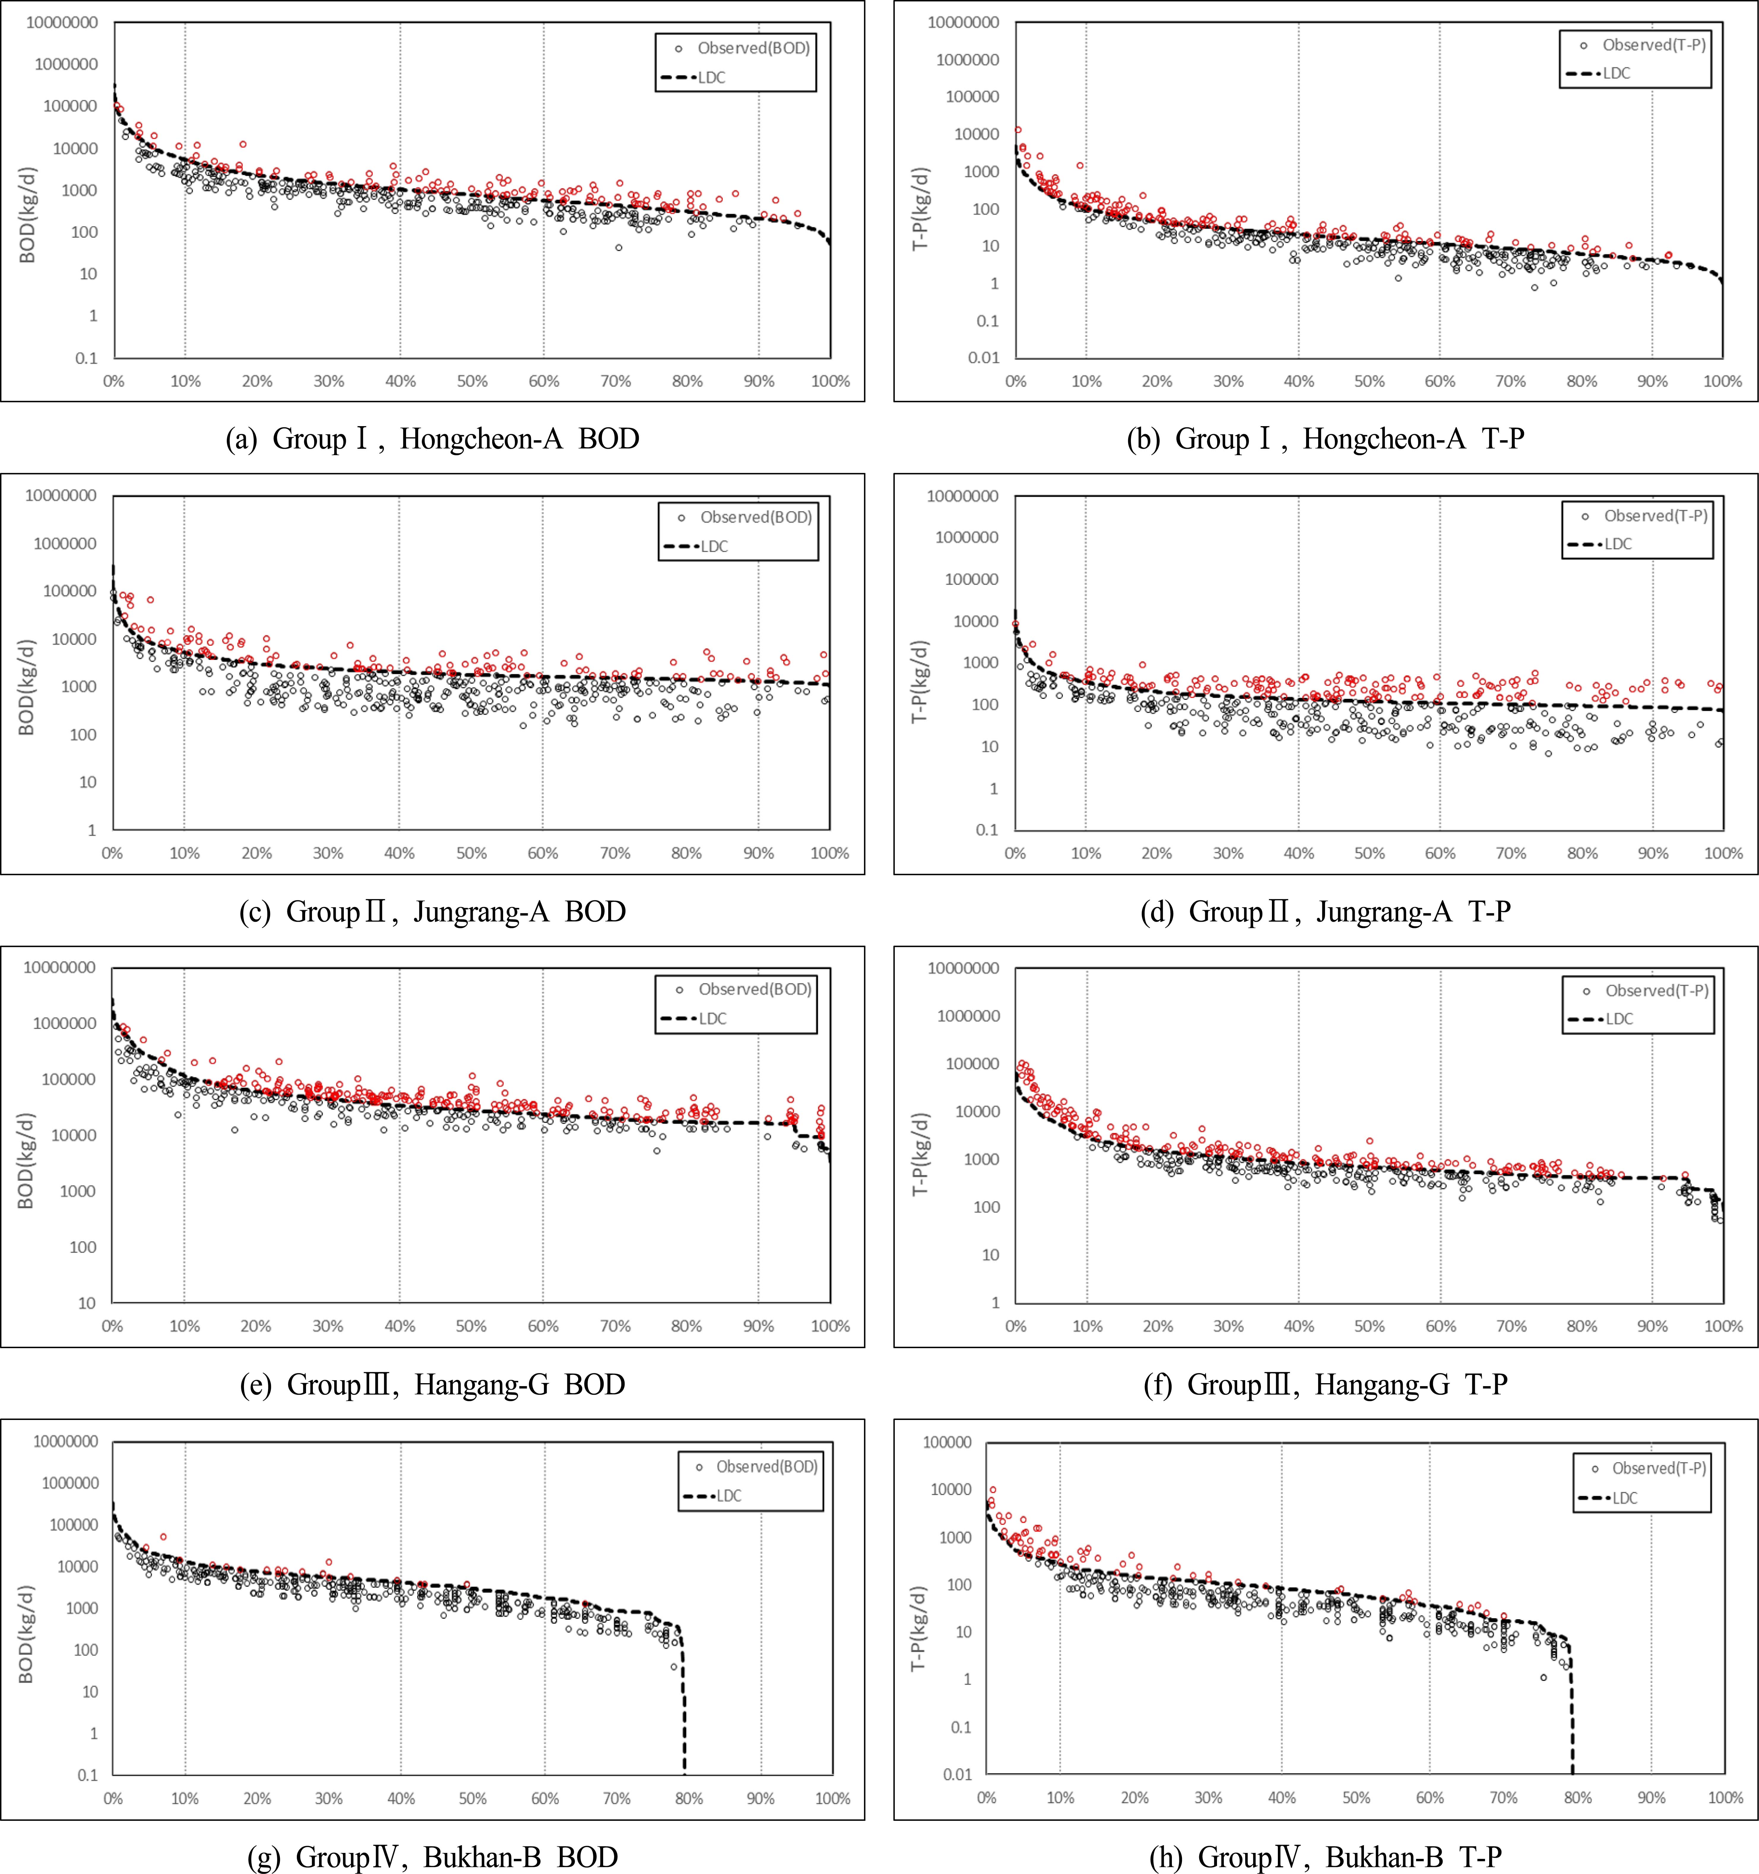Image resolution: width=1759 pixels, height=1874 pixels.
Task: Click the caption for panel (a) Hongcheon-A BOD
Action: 433,439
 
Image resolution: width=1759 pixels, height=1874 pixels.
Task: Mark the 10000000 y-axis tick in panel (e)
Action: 60,967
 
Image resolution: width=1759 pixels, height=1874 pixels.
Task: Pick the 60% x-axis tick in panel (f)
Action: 1441,1326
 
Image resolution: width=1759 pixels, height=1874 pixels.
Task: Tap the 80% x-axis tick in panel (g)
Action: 689,1799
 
